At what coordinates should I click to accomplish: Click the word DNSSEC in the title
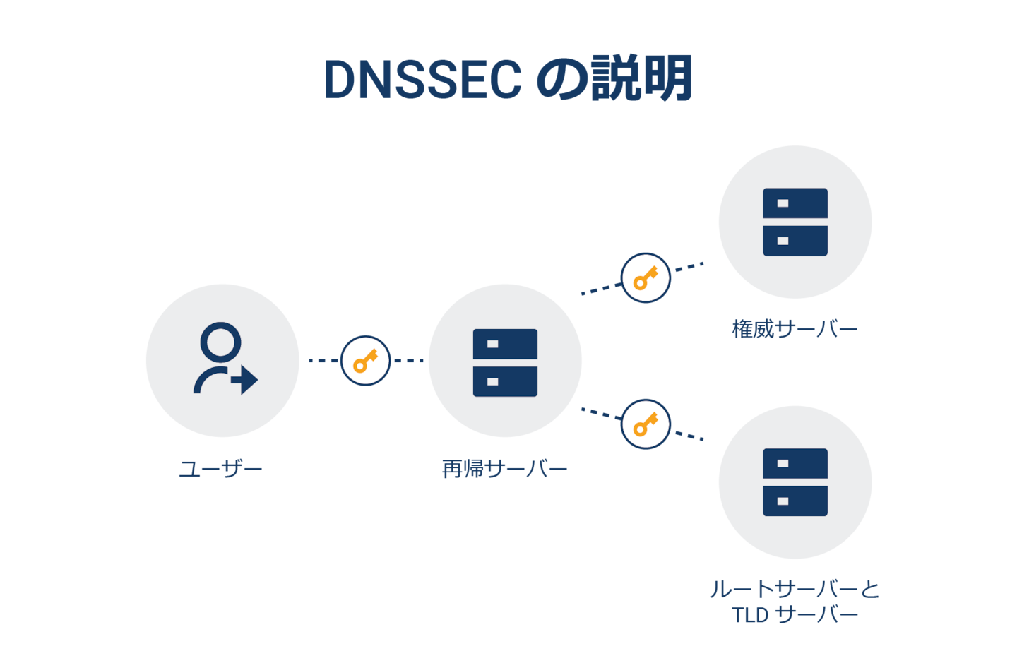[x=422, y=79]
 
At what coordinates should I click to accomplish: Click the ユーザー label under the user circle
[x=220, y=469]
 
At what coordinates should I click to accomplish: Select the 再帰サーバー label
[x=504, y=469]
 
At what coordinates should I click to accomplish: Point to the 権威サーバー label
[x=795, y=329]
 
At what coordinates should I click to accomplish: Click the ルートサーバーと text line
[x=795, y=589]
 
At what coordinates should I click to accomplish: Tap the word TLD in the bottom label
[x=750, y=615]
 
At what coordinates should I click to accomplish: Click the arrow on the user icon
[x=244, y=380]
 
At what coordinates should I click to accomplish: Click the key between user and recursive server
[x=365, y=361]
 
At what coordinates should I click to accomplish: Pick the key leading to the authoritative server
[x=645, y=278]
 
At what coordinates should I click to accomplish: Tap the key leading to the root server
[x=645, y=424]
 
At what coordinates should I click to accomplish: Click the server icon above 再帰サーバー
[x=505, y=362]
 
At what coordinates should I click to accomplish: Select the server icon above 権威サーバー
[x=795, y=222]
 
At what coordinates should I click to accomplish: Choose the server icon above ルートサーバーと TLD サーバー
[x=795, y=482]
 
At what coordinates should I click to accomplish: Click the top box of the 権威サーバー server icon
[x=795, y=203]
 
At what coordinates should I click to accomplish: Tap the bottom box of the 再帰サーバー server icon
[x=505, y=381]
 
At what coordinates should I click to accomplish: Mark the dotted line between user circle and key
[x=323, y=361]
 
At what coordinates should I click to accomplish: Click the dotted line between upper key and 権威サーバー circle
[x=689, y=266]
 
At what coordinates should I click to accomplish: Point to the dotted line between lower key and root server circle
[x=689, y=436]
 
